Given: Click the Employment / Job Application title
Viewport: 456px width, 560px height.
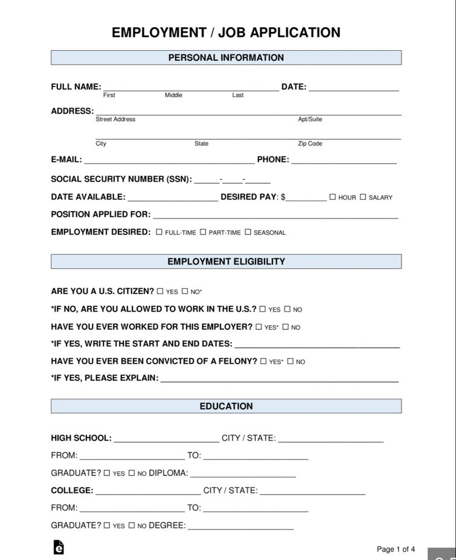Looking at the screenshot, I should click(226, 33).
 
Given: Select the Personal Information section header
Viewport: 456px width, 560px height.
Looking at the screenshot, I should click(226, 58).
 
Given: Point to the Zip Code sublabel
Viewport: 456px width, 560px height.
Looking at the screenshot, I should click(310, 144).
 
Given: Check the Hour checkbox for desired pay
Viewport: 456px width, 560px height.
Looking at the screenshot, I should click(333, 197).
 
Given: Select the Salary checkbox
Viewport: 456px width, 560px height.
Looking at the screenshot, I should click(363, 197).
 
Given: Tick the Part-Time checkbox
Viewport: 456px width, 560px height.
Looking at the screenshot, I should click(203, 232).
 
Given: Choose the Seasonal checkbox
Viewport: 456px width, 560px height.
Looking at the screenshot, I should click(248, 232).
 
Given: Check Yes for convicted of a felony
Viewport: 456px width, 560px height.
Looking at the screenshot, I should click(263, 361).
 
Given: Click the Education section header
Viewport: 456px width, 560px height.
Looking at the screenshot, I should click(226, 406).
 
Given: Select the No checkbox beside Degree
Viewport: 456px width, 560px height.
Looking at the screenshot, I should click(132, 526).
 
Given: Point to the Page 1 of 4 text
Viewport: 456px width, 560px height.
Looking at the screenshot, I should click(396, 549).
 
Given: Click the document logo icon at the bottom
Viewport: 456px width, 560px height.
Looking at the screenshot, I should click(59, 547).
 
